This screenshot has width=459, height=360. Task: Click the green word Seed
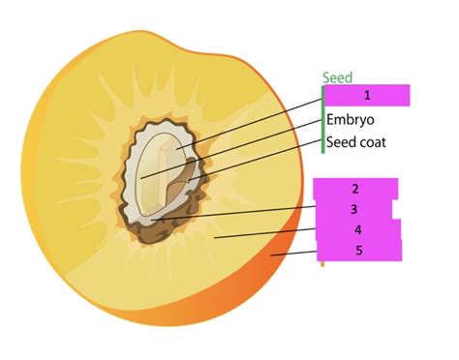point(338,77)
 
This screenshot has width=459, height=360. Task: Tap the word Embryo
point(350,120)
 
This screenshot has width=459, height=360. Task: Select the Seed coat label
point(355,142)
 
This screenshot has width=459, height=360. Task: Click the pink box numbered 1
point(367,95)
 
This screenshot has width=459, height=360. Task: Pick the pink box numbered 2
point(355,188)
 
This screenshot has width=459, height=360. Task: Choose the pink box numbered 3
point(354,209)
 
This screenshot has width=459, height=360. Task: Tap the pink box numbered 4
point(357,229)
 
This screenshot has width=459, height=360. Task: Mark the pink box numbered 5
point(357,250)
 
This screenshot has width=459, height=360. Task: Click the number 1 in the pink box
point(367,95)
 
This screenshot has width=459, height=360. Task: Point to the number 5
point(357,250)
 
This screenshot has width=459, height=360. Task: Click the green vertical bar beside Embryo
point(322,120)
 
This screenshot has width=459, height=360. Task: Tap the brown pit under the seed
point(155,228)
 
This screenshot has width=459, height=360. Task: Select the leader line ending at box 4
point(266,233)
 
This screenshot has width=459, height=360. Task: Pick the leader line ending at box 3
point(242,212)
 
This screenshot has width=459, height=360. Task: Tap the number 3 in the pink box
point(354,209)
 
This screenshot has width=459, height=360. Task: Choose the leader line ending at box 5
point(295,254)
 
